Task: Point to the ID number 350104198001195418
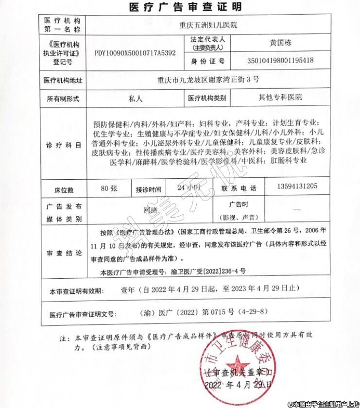pos(281,61)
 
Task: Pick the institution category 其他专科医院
pos(280,97)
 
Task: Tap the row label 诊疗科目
pos(64,145)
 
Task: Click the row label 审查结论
pos(64,254)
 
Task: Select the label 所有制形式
pos(64,98)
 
